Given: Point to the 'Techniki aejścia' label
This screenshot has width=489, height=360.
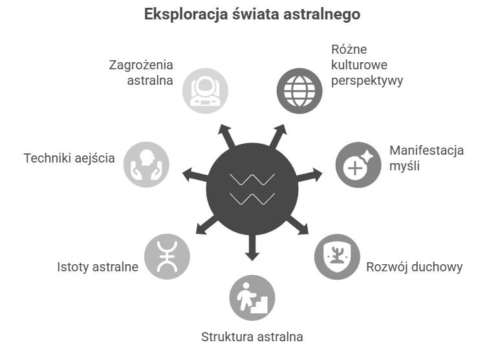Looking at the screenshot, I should point(69,158).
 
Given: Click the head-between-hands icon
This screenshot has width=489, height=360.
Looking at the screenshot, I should point(146,163).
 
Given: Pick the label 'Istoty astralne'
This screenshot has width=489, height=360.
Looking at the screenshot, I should point(98,266).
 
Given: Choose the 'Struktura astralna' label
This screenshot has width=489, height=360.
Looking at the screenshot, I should point(252,337).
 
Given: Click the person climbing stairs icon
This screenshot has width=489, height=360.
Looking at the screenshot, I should point(252,298).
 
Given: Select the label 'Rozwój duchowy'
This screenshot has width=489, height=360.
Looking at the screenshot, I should point(415,267).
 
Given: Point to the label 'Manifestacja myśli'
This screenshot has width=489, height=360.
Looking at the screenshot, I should point(427,159).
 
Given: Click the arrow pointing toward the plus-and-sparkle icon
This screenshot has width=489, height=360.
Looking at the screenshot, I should point(312,174).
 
